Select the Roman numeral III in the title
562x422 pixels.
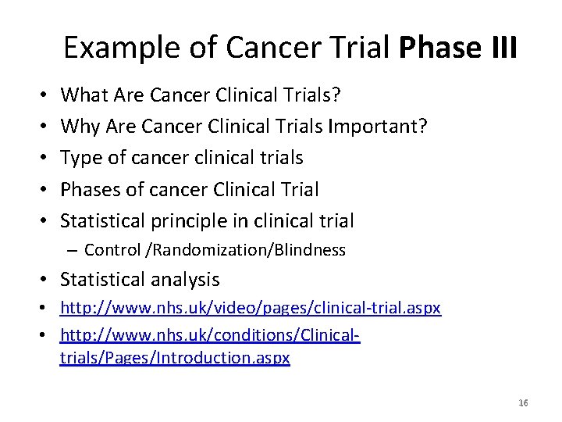tap(501, 48)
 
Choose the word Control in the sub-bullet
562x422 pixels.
tap(110, 250)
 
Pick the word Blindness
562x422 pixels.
tap(307, 250)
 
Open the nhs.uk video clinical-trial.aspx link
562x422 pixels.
tap(251, 309)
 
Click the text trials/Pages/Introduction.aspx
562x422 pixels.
tap(175, 358)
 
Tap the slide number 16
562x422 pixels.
tap(523, 402)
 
